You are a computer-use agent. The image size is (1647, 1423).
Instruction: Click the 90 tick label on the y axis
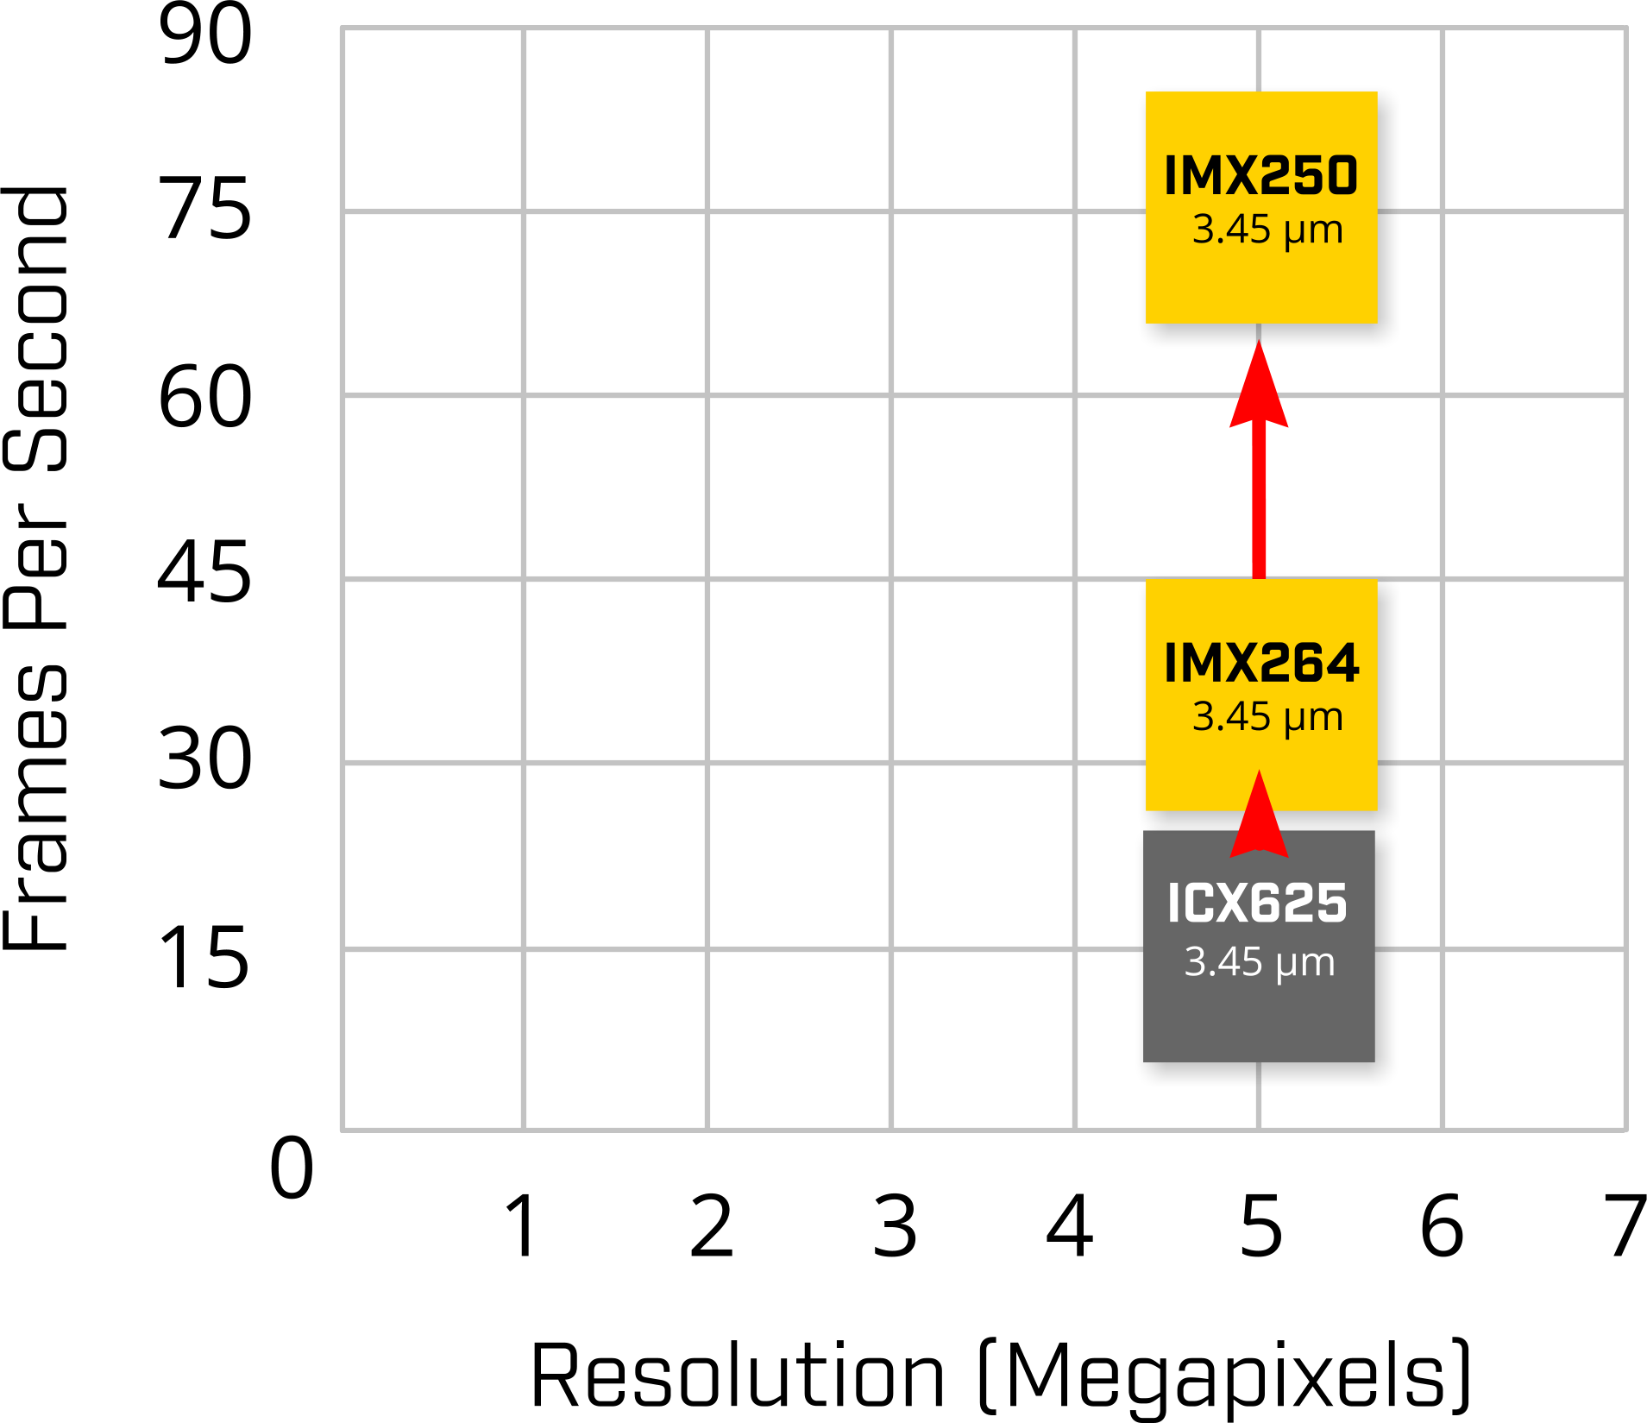[205, 34]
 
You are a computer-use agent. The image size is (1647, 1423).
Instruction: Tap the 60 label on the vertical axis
[205, 396]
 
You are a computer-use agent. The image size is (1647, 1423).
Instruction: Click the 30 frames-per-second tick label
[205, 759]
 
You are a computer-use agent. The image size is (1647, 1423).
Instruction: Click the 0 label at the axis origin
[292, 1168]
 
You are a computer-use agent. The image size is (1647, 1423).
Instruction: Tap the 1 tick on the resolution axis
[522, 1225]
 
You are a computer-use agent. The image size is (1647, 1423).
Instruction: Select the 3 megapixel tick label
[895, 1225]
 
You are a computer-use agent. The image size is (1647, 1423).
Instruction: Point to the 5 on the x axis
[1260, 1225]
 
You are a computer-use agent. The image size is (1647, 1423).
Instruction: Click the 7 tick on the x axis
[1625, 1225]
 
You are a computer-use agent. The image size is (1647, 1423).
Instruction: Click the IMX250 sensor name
[1260, 175]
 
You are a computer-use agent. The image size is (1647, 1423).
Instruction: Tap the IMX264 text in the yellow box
[1261, 663]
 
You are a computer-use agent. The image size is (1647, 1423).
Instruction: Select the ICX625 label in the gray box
[1257, 904]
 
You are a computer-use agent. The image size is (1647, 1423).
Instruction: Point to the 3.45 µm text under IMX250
[1267, 230]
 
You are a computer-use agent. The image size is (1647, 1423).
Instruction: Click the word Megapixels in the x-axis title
[1225, 1376]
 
